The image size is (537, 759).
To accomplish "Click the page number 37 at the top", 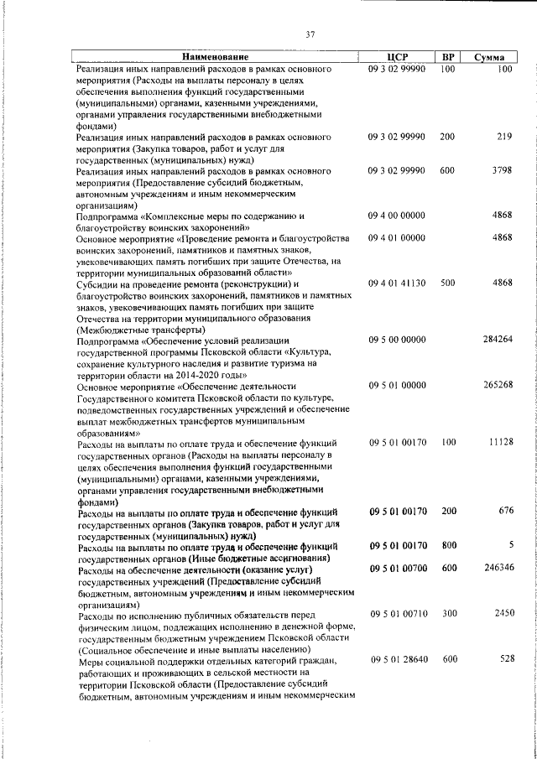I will click(x=310, y=34).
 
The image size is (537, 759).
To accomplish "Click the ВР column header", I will click(x=447, y=56).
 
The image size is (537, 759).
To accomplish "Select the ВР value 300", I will click(x=447, y=614).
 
